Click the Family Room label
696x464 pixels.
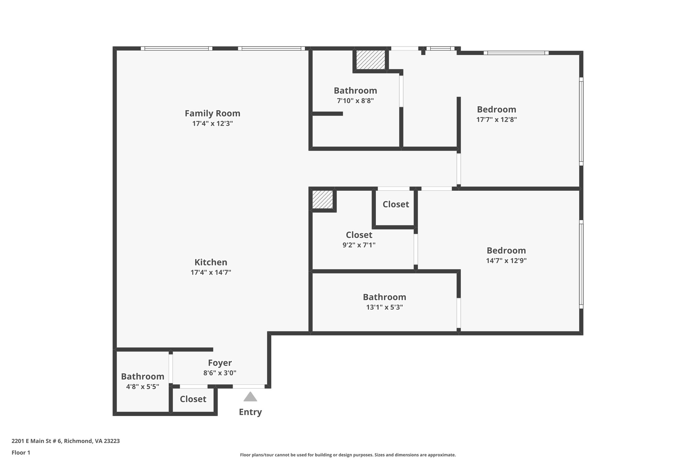[x=212, y=113]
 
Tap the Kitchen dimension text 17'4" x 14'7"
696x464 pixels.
[x=211, y=272]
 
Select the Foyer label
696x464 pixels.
[x=220, y=363]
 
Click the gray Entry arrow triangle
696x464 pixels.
[x=250, y=397]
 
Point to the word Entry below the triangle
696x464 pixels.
[x=250, y=412]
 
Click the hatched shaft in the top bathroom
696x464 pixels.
[x=370, y=60]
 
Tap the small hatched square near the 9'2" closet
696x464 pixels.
[x=323, y=200]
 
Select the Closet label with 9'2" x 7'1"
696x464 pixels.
[x=359, y=235]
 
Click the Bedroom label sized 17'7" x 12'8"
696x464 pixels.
[x=496, y=109]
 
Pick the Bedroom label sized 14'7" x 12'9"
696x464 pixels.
[x=506, y=251]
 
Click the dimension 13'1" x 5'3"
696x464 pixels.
[x=384, y=307]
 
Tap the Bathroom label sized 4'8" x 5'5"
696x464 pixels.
[x=142, y=377]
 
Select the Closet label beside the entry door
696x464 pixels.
[x=193, y=399]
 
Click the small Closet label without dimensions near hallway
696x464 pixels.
[x=396, y=204]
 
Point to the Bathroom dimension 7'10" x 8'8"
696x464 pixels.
[x=355, y=101]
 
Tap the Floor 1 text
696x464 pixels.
[x=21, y=452]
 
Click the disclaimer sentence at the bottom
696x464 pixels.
[x=348, y=455]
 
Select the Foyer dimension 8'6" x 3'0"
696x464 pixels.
[x=220, y=373]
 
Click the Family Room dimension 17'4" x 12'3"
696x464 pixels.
[x=212, y=123]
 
